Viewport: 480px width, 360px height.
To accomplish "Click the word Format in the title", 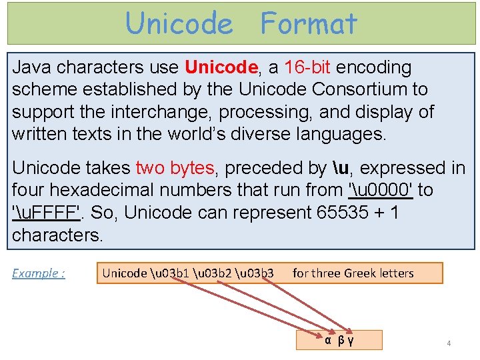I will pyautogui.click(x=309, y=23).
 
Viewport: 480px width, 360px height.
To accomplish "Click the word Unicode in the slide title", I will pyautogui.click(x=179, y=23).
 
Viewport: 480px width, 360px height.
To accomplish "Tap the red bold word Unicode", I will pyautogui.click(x=221, y=67).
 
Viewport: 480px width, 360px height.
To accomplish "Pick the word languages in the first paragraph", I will pyautogui.click(x=339, y=133).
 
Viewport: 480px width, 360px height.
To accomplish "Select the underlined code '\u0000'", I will pyautogui.click(x=381, y=190).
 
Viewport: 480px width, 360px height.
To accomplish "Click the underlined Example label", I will pyautogui.click(x=39, y=273).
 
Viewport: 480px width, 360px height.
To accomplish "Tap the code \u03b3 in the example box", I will pyautogui.click(x=255, y=273).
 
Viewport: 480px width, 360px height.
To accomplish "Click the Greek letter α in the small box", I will pyautogui.click(x=328, y=341).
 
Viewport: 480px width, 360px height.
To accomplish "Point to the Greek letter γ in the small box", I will pyautogui.click(x=351, y=341).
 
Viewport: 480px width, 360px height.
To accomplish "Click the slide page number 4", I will pyautogui.click(x=449, y=343).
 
